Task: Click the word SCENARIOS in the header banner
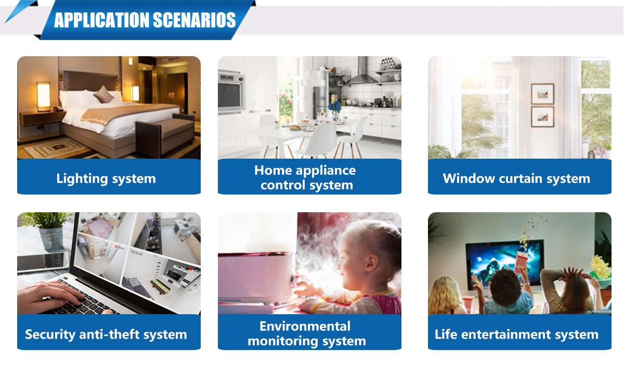[194, 20]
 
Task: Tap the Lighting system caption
[106, 178]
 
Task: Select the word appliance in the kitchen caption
[326, 171]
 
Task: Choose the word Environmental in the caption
[305, 326]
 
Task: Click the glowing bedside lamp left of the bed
[44, 96]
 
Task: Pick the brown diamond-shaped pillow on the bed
[103, 94]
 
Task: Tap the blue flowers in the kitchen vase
[335, 107]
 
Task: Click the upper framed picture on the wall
[542, 94]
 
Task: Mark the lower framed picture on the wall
[542, 117]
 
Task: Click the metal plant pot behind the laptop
[50, 238]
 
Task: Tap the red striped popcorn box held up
[521, 262]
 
